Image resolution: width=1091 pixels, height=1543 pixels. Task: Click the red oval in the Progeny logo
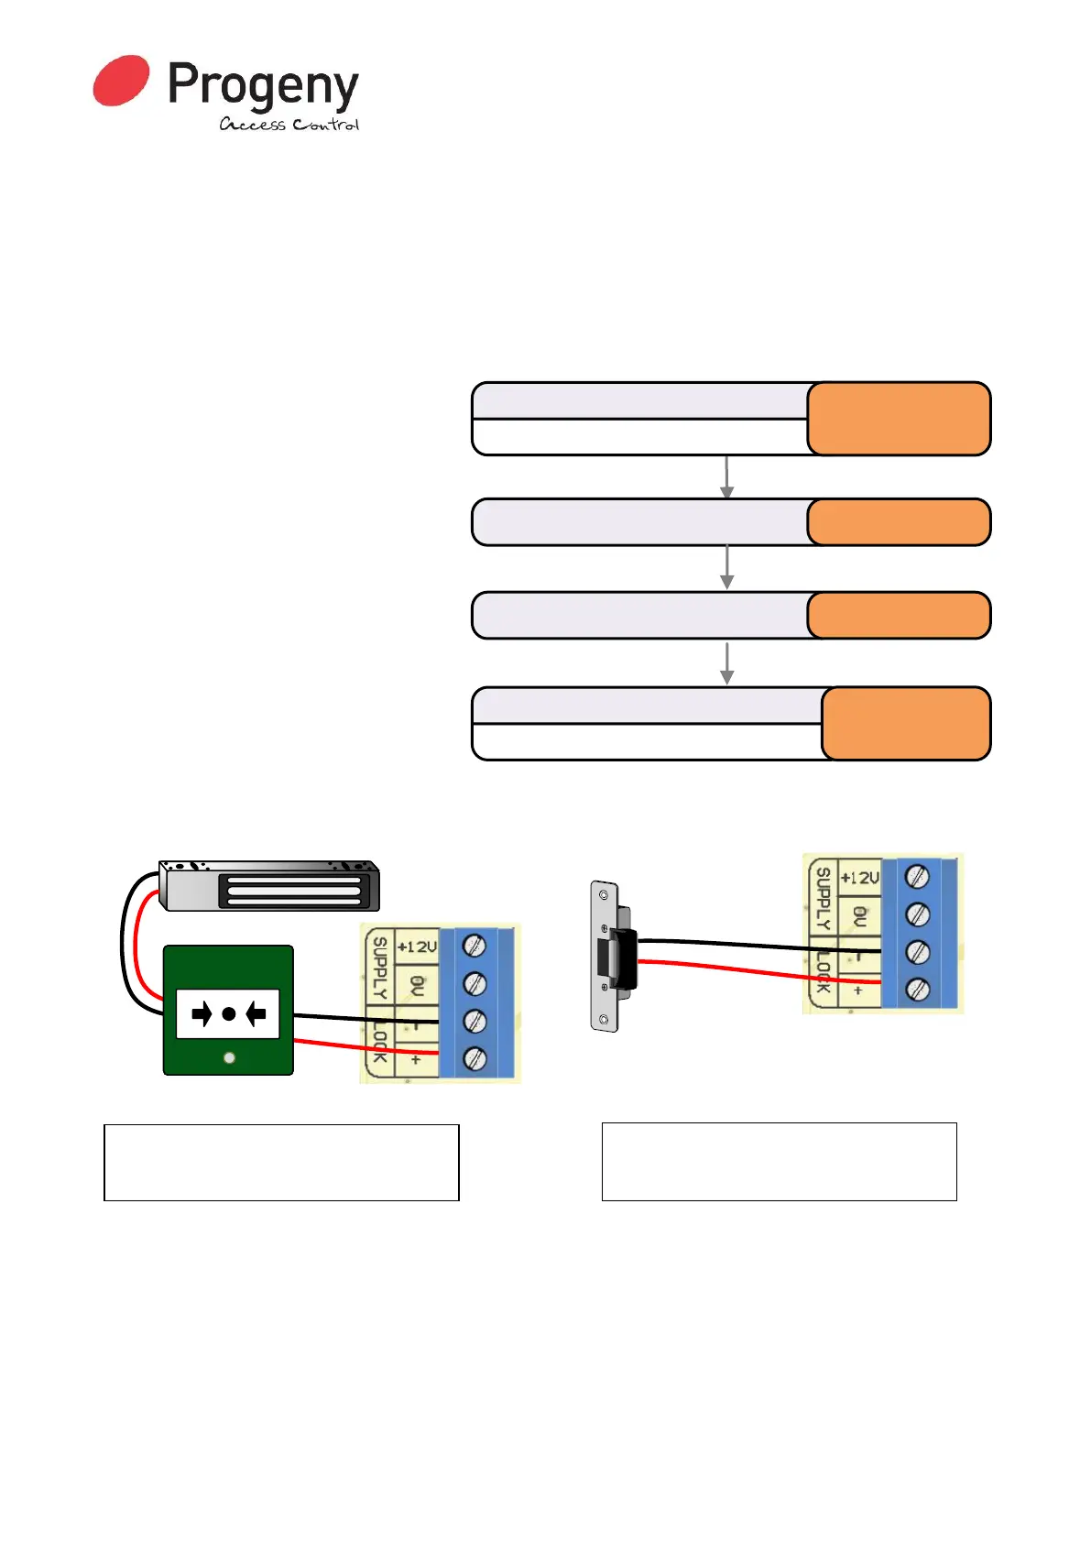point(121,81)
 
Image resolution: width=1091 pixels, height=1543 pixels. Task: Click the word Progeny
point(263,86)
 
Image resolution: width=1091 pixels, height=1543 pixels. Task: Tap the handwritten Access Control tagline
point(289,125)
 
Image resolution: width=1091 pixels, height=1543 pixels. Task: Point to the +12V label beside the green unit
point(417,947)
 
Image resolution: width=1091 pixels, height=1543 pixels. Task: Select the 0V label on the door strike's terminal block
point(859,915)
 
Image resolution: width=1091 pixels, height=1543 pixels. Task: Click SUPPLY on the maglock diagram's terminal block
point(379,968)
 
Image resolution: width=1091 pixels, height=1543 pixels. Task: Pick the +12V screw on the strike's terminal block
point(917,877)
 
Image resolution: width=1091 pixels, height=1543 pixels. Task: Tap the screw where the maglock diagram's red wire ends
point(474,1059)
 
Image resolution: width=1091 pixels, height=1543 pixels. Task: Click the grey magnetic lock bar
point(268,886)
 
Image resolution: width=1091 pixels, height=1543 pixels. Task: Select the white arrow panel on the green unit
point(228,1013)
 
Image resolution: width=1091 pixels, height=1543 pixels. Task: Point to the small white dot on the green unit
point(229,1057)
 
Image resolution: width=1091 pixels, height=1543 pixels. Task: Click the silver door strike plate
point(604,956)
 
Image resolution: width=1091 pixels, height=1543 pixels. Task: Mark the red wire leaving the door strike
point(751,970)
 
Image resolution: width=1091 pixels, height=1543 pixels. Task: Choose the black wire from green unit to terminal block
point(366,1017)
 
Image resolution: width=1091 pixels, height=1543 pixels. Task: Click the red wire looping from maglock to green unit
point(136,944)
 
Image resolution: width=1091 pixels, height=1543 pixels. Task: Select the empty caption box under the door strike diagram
point(779,1161)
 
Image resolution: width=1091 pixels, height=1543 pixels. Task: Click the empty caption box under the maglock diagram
point(281,1162)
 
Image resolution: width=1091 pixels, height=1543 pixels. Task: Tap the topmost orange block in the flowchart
point(899,419)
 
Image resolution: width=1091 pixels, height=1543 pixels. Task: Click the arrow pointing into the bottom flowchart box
point(727,664)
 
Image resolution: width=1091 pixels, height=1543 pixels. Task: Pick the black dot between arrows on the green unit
point(228,1013)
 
